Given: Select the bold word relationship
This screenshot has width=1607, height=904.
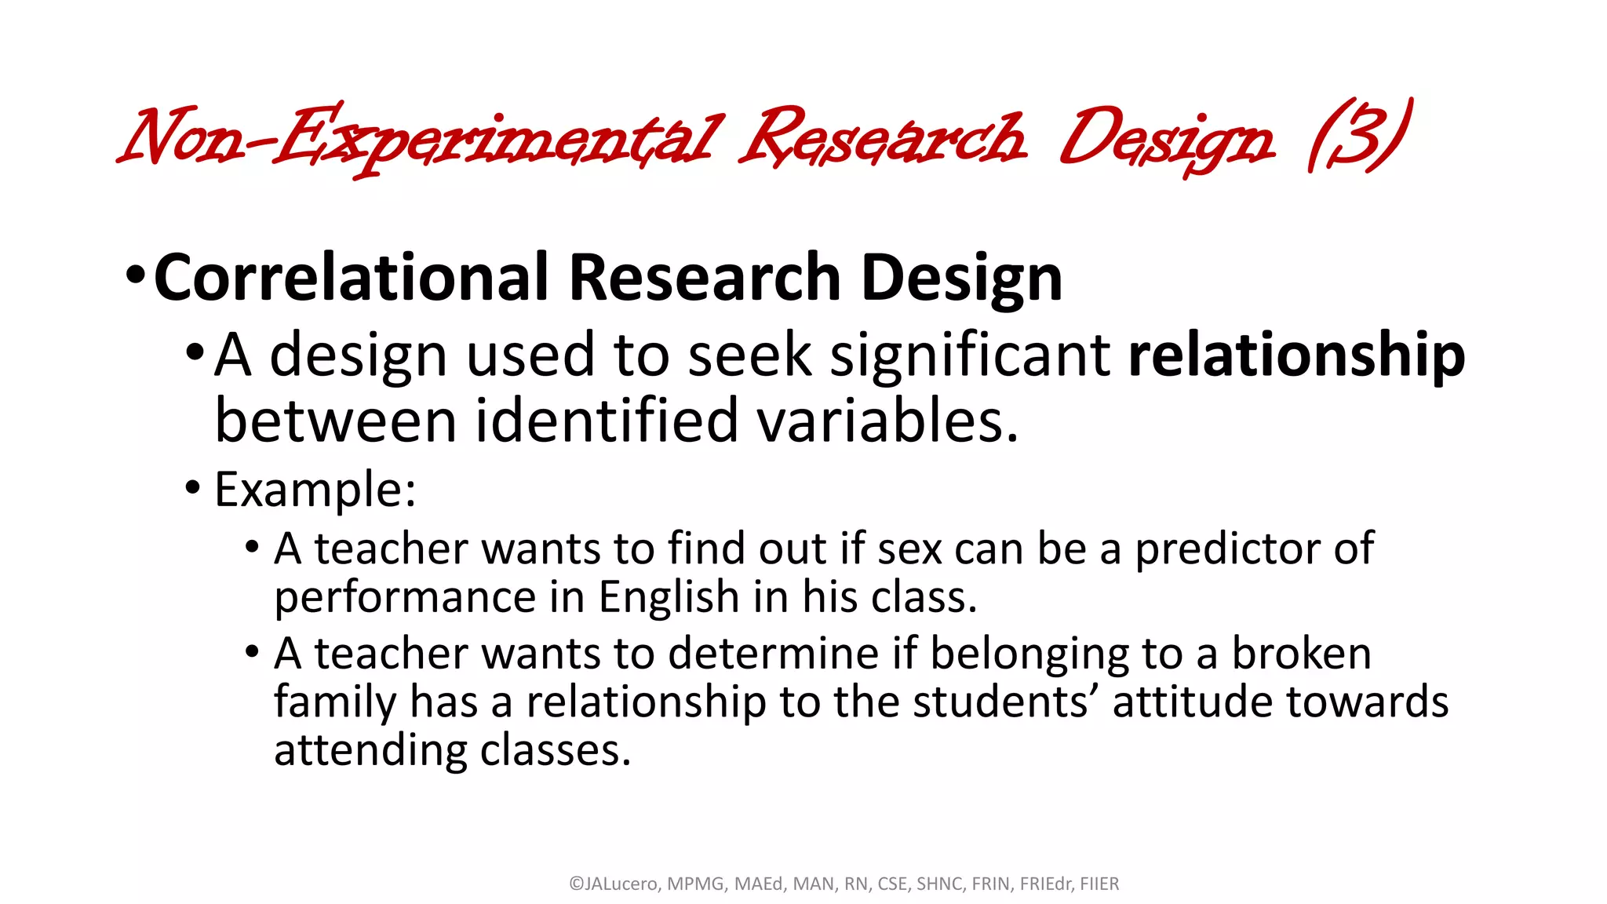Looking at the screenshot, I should tap(1296, 355).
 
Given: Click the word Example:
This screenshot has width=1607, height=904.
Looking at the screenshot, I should tap(315, 490).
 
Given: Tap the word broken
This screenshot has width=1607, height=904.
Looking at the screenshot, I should tap(1301, 653).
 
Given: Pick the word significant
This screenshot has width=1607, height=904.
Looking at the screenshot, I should tap(970, 355).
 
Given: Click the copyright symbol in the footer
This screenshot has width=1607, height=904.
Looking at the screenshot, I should tap(576, 884).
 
